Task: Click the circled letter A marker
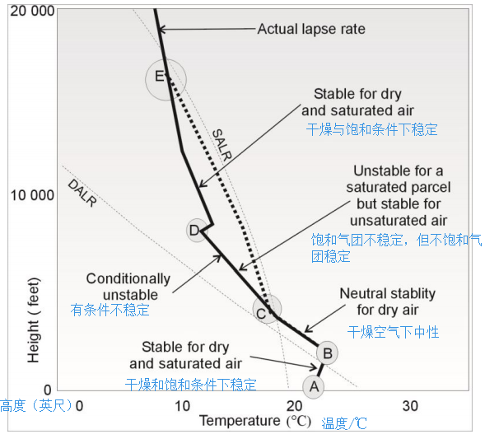313,385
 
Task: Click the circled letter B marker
327,353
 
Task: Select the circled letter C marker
262,312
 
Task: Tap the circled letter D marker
195,230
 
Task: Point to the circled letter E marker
160,78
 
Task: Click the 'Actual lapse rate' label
311,29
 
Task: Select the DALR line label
82,192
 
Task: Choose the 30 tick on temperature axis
409,405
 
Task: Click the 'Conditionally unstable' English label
128,287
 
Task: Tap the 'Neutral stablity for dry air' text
387,301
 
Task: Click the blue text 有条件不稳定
110,311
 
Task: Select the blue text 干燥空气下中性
393,332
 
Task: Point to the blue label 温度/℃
343,423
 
